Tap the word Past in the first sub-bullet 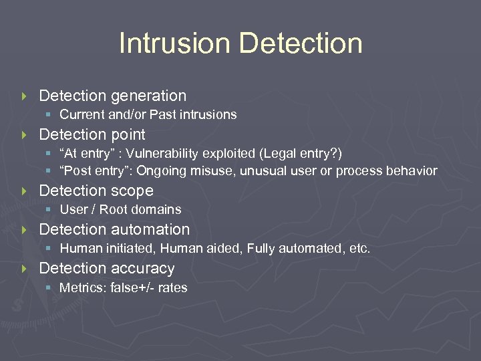[165, 115]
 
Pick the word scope [131, 191]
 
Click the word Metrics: [79, 288]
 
